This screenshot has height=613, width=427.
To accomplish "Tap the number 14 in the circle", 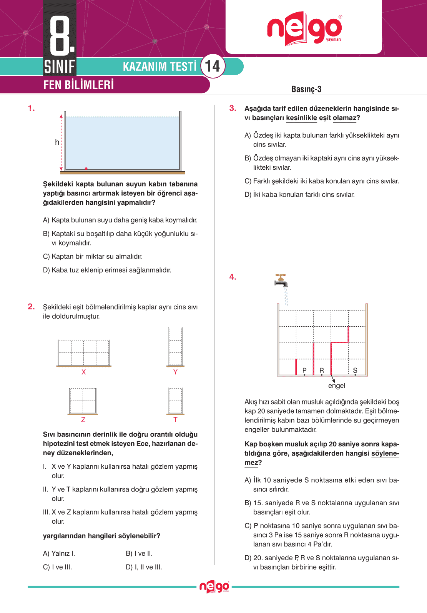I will (x=213, y=66).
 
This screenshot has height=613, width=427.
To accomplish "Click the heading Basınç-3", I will (x=306, y=89).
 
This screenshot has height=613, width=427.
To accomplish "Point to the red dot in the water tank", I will (x=86, y=169).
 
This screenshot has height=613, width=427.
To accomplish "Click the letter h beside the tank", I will (x=57, y=142).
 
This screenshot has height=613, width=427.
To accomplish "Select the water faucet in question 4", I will (x=281, y=281).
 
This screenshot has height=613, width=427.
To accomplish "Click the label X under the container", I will (x=83, y=372).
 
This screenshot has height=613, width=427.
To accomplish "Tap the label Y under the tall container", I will (x=175, y=372).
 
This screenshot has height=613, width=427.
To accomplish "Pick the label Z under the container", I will (x=83, y=420).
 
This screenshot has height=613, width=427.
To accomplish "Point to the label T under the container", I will (x=175, y=420).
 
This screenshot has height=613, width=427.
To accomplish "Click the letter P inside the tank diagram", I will (x=304, y=370).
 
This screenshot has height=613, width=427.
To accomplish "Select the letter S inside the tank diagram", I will (x=355, y=370).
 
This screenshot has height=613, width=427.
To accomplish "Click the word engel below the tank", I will (x=337, y=386).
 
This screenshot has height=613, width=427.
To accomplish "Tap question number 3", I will (x=233, y=108).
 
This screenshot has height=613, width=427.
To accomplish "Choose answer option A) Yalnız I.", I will (x=59, y=553).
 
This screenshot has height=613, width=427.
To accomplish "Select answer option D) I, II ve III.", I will (x=144, y=567).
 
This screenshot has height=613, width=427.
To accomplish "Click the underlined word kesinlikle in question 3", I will (x=301, y=118).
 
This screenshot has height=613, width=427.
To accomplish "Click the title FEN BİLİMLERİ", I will (x=78, y=85).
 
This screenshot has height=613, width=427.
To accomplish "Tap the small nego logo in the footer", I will (x=214, y=587).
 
